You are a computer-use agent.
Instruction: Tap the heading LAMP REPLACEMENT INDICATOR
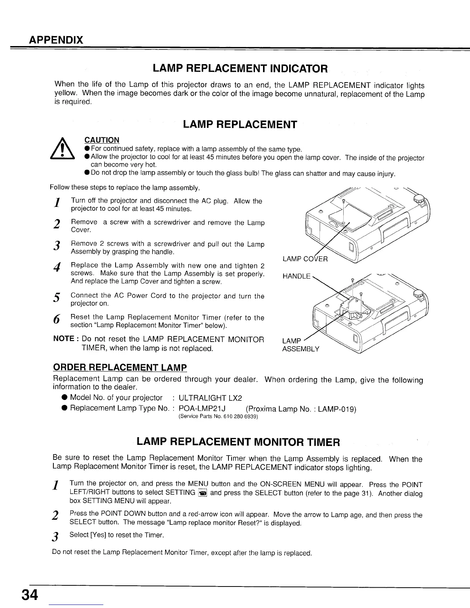[x=240, y=69]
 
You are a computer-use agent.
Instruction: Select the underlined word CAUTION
[x=102, y=140]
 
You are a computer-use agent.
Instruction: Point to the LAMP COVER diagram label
[x=305, y=259]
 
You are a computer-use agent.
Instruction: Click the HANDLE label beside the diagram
[x=296, y=276]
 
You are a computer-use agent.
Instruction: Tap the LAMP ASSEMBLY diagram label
[x=300, y=345]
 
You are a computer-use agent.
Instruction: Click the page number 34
[x=30, y=595]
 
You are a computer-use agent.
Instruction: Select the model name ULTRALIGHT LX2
[x=210, y=398]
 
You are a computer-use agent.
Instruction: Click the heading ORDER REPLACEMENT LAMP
[x=119, y=367]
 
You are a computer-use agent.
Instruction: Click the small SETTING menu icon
[x=204, y=493]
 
